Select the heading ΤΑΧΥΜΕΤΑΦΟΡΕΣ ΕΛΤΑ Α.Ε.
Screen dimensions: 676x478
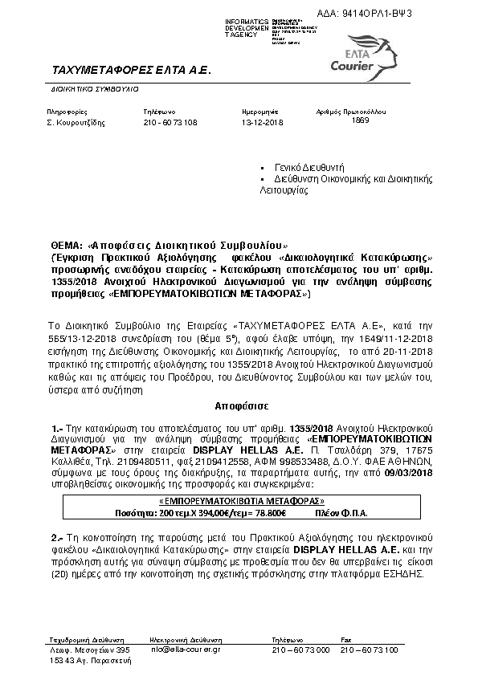(x=130, y=71)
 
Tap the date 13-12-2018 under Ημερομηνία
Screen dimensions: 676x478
(x=263, y=123)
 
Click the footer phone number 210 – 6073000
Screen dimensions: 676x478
(x=301, y=650)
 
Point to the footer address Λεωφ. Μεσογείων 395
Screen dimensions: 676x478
(x=88, y=650)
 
